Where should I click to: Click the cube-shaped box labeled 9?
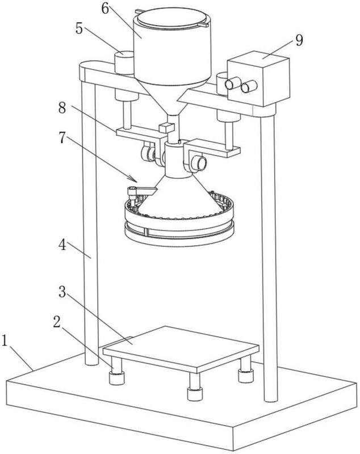click(259, 79)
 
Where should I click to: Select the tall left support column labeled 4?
click(89, 227)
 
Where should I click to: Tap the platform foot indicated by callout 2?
click(116, 377)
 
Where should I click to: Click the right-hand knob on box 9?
click(248, 88)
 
